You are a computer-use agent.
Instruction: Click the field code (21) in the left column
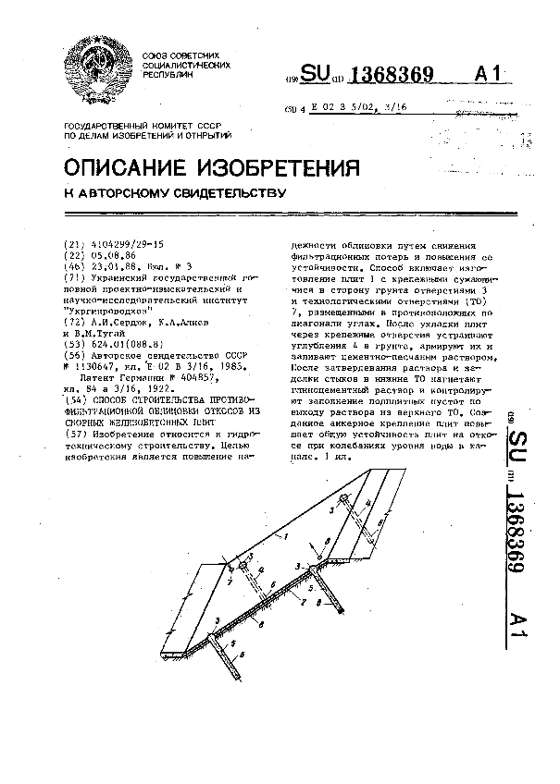tap(70, 242)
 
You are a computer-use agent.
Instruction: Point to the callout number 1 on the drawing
tap(287, 537)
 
